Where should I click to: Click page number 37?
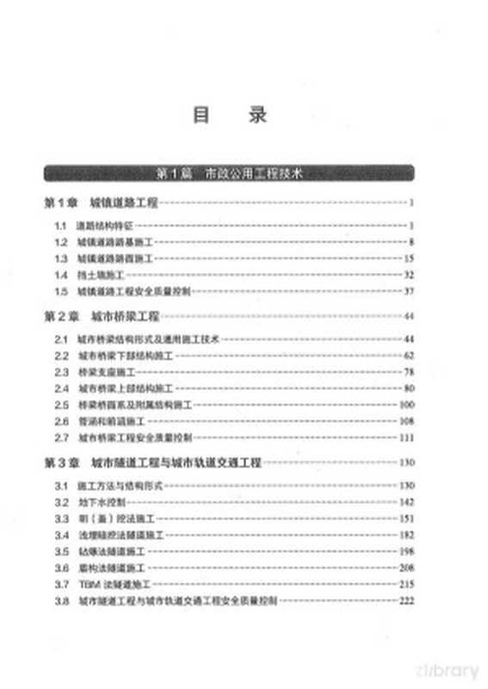[x=410, y=291]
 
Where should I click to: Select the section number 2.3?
[x=61, y=372]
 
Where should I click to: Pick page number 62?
[x=410, y=356]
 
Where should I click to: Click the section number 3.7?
[x=61, y=584]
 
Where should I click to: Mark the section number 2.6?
[x=61, y=421]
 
